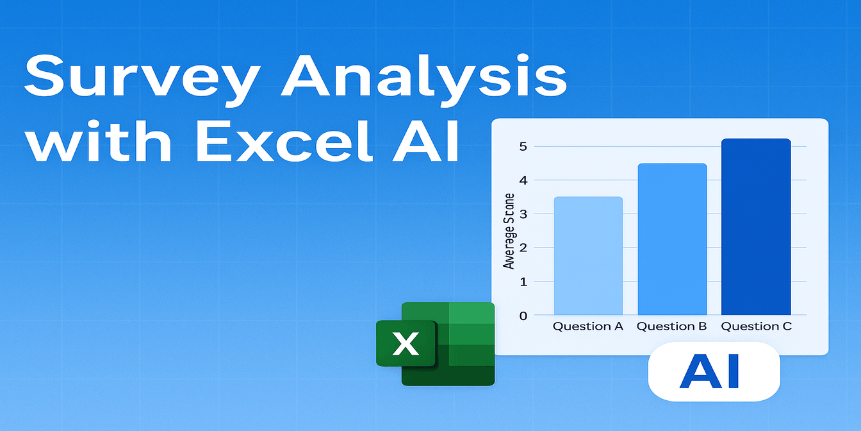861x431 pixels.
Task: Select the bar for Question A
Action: (588, 256)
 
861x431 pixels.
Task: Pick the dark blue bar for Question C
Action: (756, 227)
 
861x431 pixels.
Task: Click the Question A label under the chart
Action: (588, 326)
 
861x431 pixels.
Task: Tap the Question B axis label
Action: (671, 326)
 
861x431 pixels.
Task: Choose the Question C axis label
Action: (757, 326)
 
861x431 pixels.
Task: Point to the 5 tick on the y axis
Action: (523, 146)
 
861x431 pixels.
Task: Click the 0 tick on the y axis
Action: (523, 315)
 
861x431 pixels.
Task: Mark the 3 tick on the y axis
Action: (523, 214)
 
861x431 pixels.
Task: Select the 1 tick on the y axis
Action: (523, 282)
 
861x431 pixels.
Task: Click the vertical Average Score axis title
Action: (509, 231)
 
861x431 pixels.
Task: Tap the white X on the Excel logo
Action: (406, 344)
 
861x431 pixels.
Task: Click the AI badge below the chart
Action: (714, 371)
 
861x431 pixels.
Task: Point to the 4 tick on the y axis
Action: (523, 180)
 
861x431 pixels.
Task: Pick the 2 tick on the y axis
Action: (523, 248)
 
